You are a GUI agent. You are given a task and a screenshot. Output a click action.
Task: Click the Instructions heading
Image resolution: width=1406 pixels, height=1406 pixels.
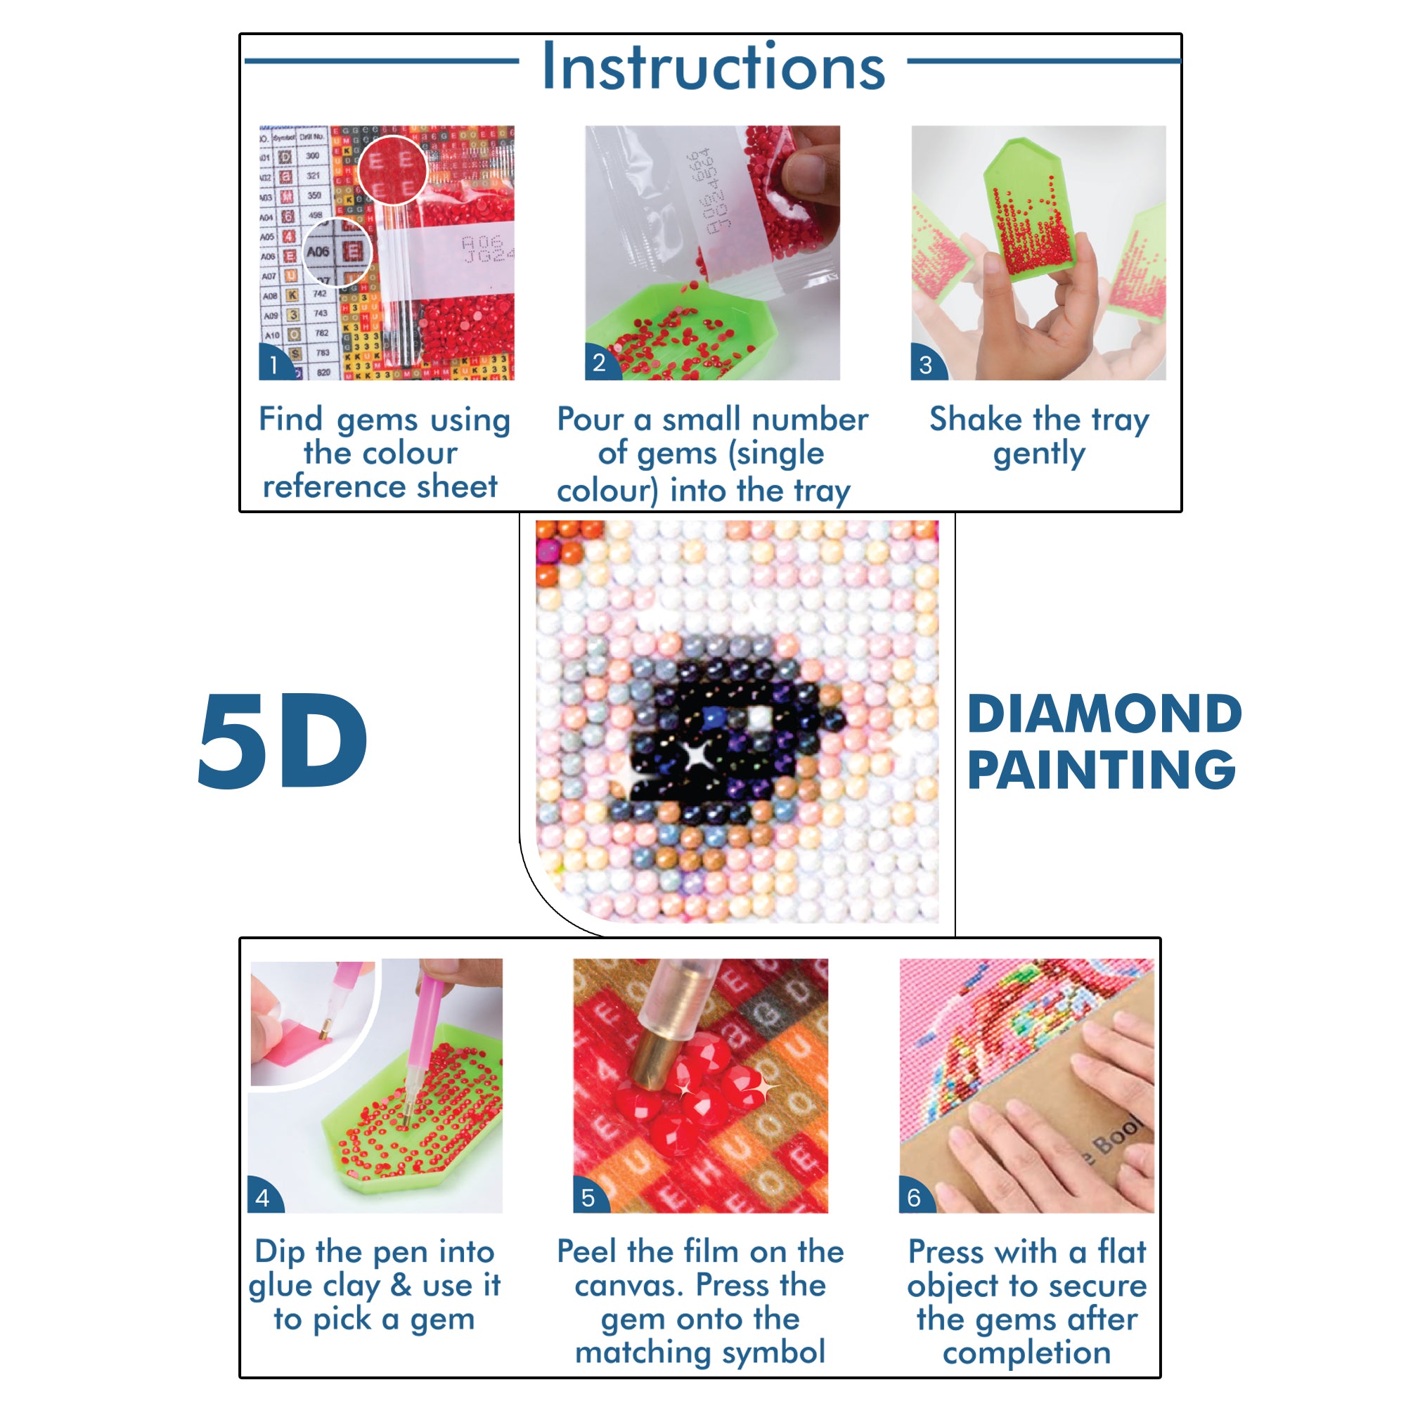tap(713, 67)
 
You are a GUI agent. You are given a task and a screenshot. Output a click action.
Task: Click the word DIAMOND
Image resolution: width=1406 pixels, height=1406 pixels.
tap(1103, 715)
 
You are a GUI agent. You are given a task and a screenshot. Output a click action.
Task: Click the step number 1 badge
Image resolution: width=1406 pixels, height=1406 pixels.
tap(273, 364)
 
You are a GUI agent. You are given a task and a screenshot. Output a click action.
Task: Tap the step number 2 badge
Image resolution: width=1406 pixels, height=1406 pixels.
tap(599, 363)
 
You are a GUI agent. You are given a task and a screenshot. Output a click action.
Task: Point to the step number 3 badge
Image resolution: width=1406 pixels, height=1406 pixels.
tap(925, 364)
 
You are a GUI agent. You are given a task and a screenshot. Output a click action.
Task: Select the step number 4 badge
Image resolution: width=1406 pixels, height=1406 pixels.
tap(263, 1198)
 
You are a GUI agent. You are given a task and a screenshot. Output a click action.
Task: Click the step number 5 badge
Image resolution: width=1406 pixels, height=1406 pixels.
tap(588, 1198)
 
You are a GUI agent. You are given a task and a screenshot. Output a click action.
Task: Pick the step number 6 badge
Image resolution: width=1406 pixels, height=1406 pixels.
tap(914, 1198)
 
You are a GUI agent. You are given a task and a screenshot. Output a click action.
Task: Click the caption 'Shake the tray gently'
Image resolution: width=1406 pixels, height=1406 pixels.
tap(1038, 436)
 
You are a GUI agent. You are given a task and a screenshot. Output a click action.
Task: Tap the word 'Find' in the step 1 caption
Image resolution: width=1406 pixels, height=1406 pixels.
tap(290, 419)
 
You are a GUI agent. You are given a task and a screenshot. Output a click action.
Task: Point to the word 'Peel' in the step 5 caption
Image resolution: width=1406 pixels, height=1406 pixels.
tap(586, 1252)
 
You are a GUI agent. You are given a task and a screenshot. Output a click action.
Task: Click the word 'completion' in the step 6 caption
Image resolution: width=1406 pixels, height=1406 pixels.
tap(1026, 1352)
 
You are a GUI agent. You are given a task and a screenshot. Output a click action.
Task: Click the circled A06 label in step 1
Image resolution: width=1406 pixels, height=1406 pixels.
tap(318, 252)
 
